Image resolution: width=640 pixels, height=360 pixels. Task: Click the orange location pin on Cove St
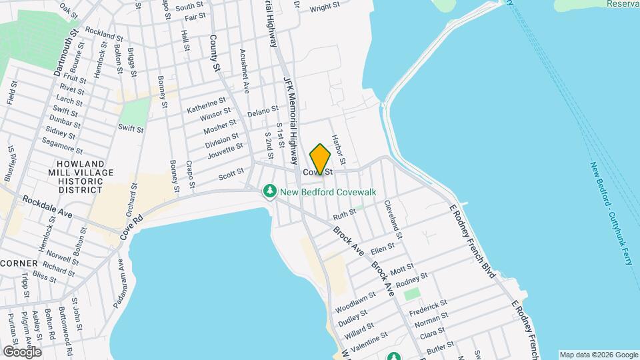320,159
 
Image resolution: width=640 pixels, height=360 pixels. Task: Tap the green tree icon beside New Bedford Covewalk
269,192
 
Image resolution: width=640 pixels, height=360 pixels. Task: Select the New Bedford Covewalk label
328,192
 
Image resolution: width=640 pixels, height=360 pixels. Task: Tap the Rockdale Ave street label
47,207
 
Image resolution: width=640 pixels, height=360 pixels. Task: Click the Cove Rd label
131,228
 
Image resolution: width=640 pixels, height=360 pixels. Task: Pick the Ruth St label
345,215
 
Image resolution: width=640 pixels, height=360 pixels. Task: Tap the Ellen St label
383,249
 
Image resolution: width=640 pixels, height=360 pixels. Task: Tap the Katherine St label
206,106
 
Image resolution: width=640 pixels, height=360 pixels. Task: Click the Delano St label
262,109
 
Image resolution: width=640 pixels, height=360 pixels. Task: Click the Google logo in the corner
21,351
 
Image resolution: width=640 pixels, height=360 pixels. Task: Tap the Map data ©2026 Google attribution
598,355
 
